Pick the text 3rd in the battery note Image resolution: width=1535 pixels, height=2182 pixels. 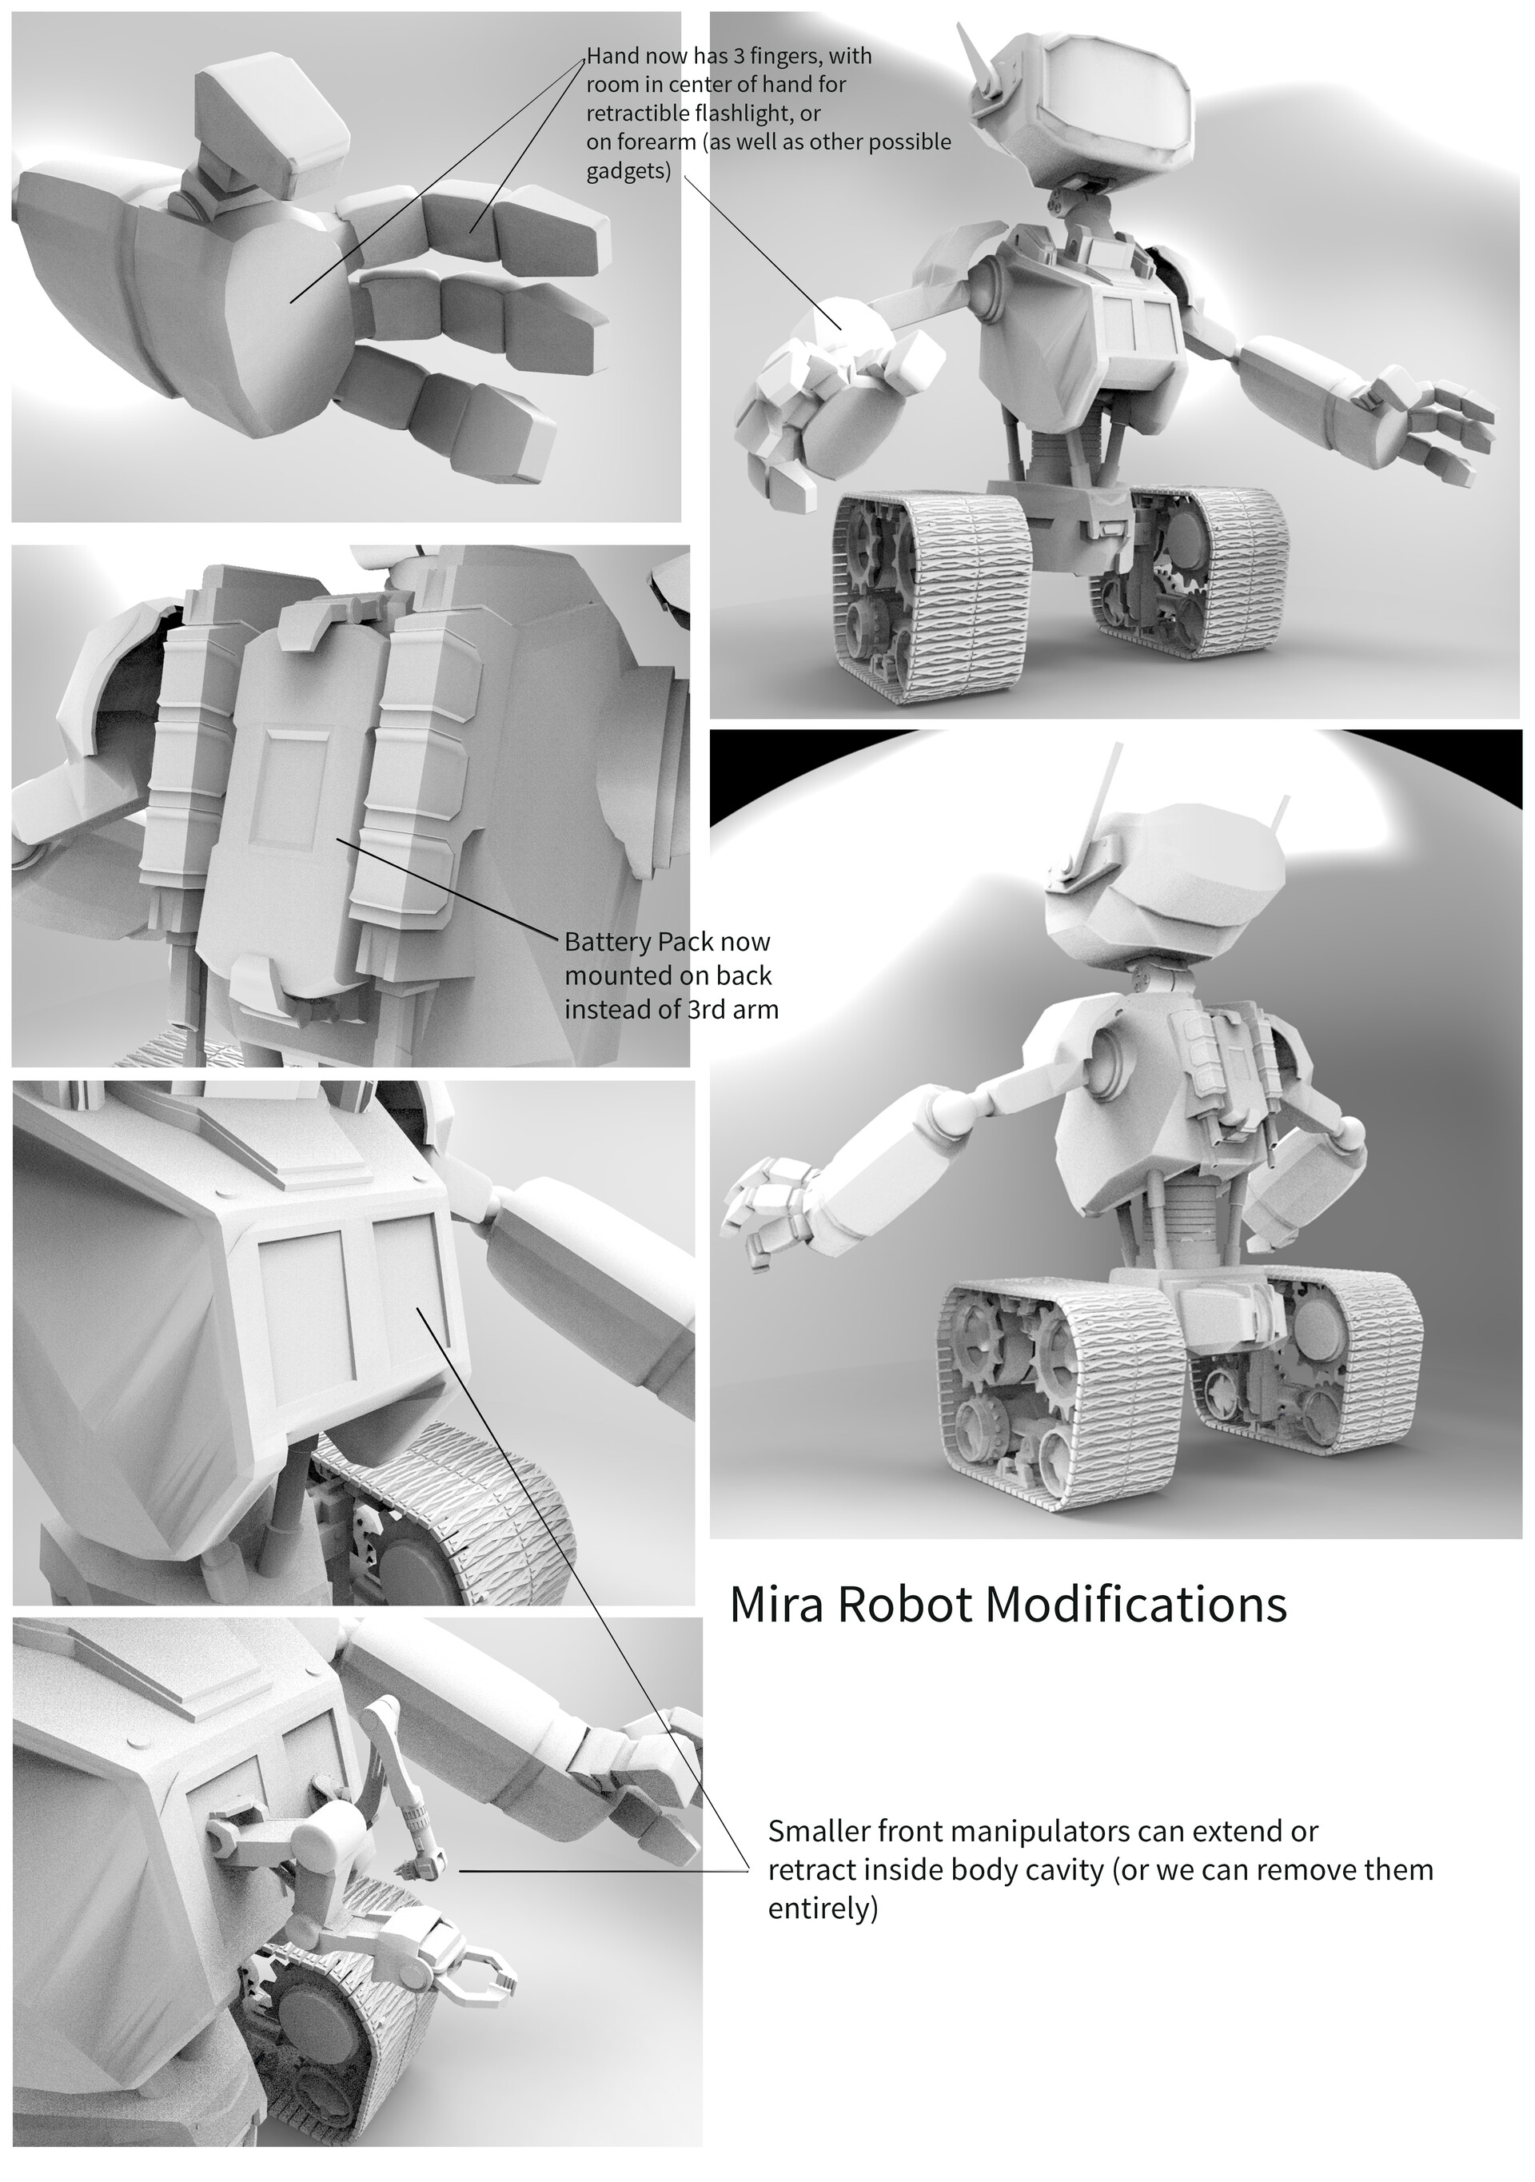point(696,1009)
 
